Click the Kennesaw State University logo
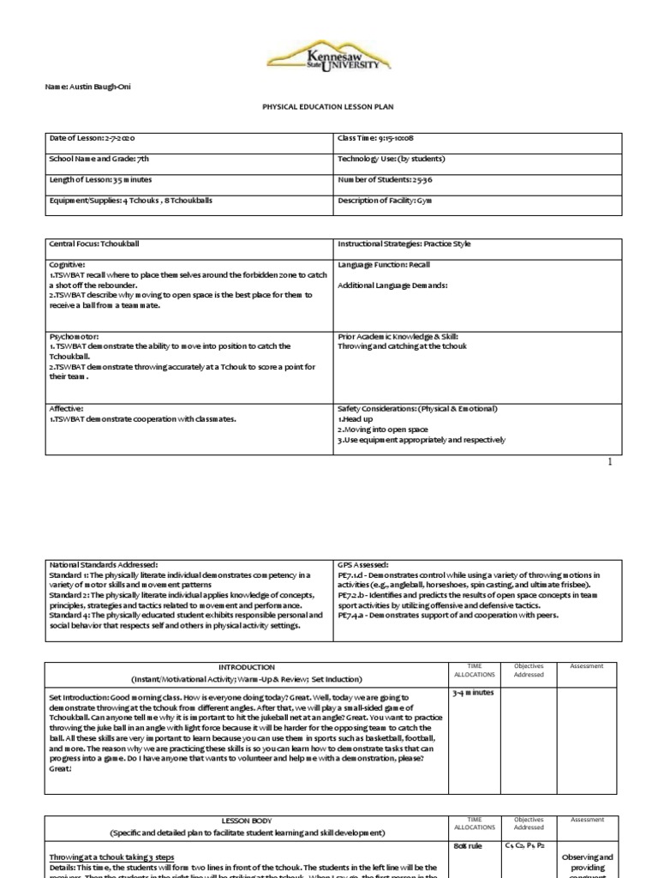click(x=329, y=57)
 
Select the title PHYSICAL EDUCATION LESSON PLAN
click(x=328, y=108)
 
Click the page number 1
click(x=610, y=461)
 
